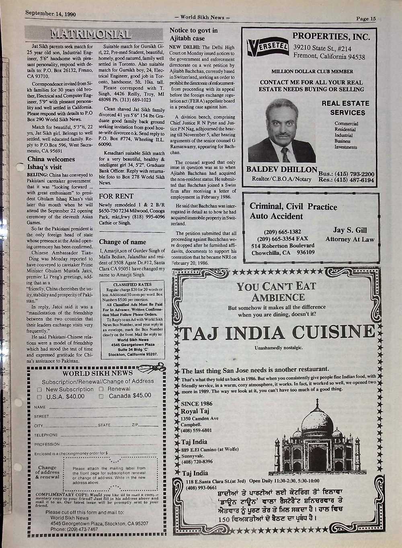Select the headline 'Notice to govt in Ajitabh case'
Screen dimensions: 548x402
point(193,35)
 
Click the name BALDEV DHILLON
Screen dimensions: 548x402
point(282,169)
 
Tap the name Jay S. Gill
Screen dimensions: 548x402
point(350,230)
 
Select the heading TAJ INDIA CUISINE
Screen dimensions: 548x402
point(277,333)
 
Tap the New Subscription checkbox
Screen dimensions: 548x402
point(40,389)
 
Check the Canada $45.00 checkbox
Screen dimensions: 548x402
point(101,396)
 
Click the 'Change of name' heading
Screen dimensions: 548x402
point(122,242)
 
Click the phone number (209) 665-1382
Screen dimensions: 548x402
point(282,232)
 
